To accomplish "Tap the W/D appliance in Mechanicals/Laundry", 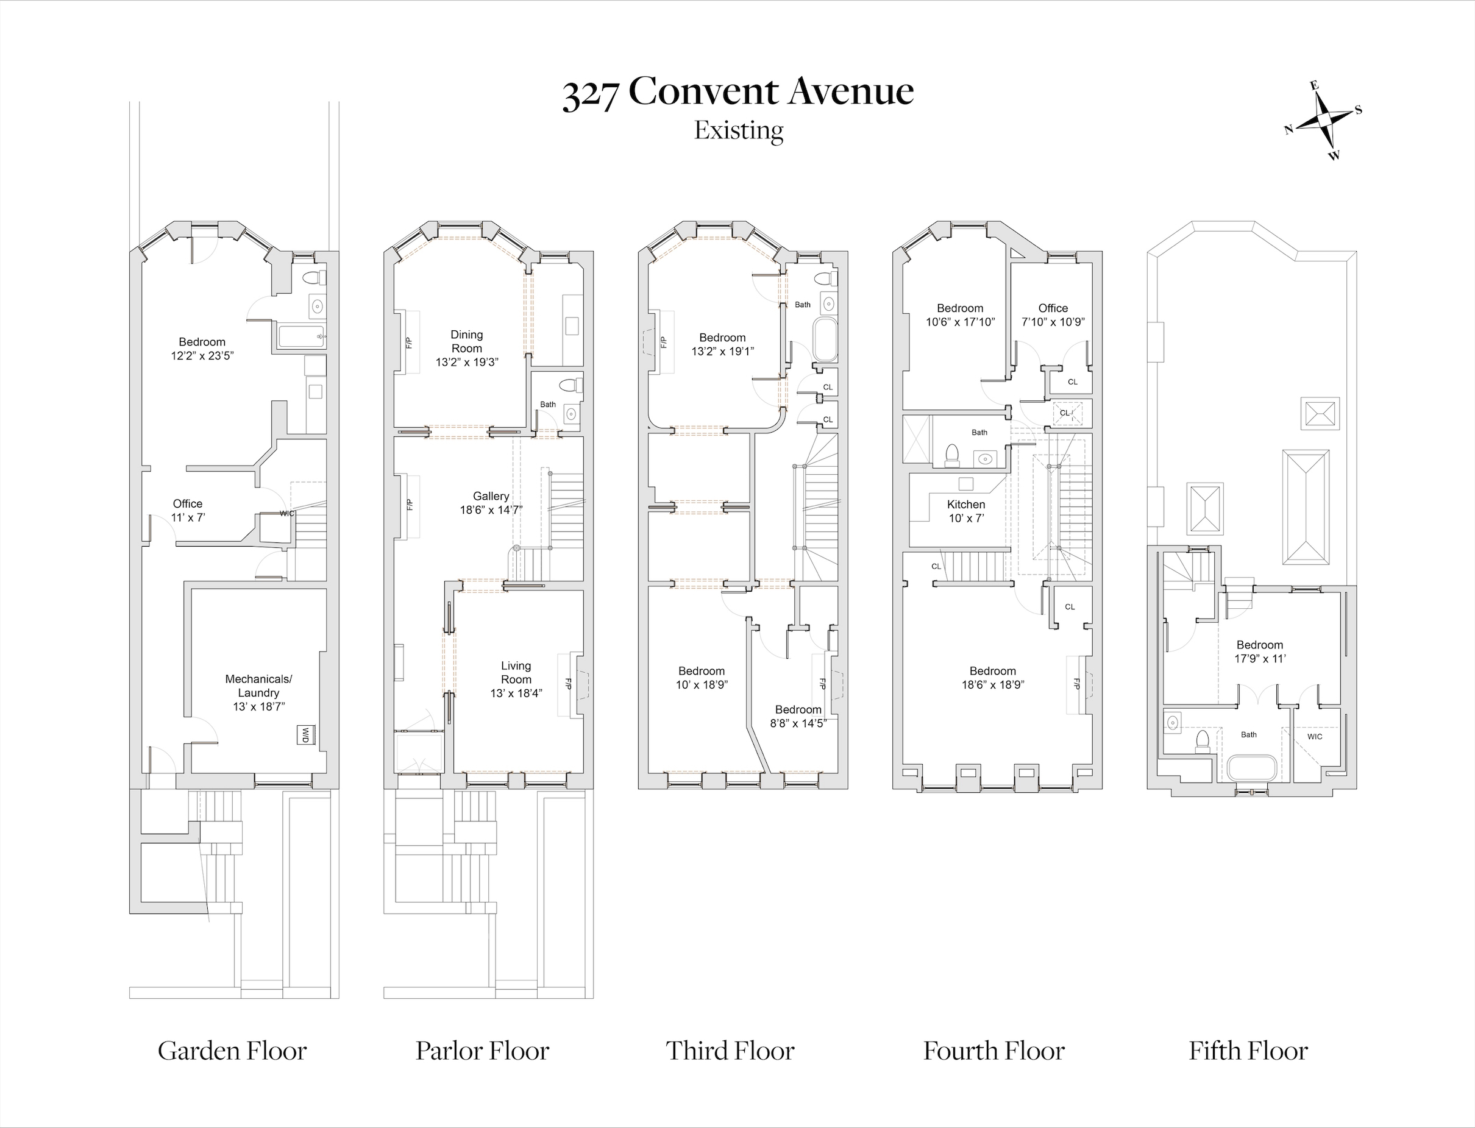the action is [x=305, y=734].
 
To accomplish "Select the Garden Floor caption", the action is [x=232, y=1051].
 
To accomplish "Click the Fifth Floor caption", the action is [x=1248, y=1051].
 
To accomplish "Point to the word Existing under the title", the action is [x=739, y=130].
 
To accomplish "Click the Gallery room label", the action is [x=491, y=496].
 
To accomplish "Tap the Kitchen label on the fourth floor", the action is [x=966, y=504].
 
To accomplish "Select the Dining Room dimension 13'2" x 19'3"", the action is [x=467, y=363].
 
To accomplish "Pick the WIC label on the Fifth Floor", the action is [x=1315, y=737].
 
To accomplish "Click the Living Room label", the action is [x=516, y=673].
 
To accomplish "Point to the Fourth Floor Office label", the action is [x=1053, y=308].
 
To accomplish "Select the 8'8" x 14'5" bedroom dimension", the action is [x=798, y=723].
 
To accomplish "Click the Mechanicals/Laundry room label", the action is [x=258, y=686].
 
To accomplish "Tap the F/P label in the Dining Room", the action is [x=408, y=342].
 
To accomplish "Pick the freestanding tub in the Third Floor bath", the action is [x=825, y=341].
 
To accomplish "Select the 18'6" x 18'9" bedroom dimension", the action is [x=992, y=685].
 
